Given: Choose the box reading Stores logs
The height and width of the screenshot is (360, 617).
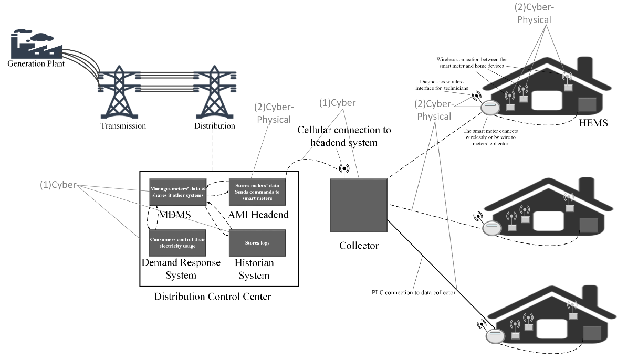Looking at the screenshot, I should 257,243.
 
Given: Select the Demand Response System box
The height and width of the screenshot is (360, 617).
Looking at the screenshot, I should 176,243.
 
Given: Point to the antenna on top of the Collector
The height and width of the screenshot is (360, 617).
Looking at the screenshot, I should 344,170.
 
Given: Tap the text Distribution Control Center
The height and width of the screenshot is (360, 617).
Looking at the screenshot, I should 212,297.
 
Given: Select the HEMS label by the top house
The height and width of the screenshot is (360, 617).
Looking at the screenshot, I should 593,123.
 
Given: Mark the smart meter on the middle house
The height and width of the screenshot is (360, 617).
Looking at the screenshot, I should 491,229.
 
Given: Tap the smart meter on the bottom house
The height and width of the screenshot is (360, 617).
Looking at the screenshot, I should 494,336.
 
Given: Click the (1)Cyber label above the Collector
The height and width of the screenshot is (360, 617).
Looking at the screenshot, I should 337,103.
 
